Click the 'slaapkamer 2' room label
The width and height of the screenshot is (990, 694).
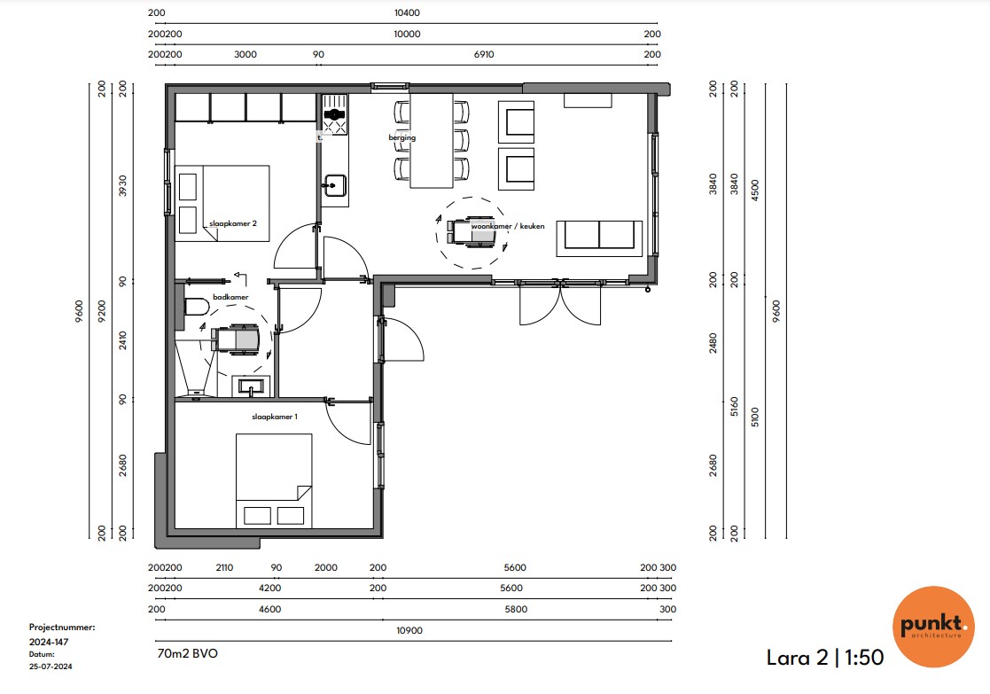pyautogui.click(x=233, y=223)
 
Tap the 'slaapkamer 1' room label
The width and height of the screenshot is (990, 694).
pyautogui.click(x=275, y=417)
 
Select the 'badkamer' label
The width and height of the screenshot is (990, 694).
pyautogui.click(x=230, y=297)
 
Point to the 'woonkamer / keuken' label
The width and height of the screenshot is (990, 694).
pyautogui.click(x=508, y=226)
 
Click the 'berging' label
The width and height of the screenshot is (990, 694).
pyautogui.click(x=402, y=137)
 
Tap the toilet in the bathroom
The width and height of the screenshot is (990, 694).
pyautogui.click(x=197, y=308)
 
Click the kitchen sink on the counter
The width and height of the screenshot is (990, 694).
pyautogui.click(x=334, y=185)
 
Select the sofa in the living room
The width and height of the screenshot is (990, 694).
pyautogui.click(x=599, y=238)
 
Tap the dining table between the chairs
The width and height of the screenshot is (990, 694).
pyautogui.click(x=432, y=140)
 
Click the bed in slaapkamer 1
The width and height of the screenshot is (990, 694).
pyautogui.click(x=274, y=480)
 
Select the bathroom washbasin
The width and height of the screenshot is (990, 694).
pyautogui.click(x=252, y=386)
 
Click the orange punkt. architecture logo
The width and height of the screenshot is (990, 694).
pyautogui.click(x=933, y=627)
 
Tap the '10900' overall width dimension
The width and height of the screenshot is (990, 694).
pyautogui.click(x=409, y=630)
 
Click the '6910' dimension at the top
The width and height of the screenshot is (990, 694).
pyautogui.click(x=484, y=54)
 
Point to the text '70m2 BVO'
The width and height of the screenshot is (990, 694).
pyautogui.click(x=188, y=653)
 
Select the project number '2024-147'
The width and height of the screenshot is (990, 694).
pyautogui.click(x=49, y=642)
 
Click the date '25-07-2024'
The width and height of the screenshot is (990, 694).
pyautogui.click(x=51, y=667)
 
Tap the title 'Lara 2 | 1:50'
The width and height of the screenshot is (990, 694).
pyautogui.click(x=824, y=658)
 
